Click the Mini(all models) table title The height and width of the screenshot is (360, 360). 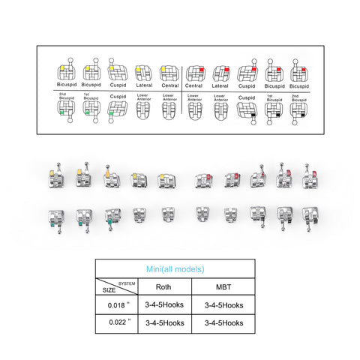click(x=174, y=268)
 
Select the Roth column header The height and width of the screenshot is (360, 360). click(x=163, y=286)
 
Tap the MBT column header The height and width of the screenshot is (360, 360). click(x=223, y=286)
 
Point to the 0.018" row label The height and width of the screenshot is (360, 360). click(x=116, y=305)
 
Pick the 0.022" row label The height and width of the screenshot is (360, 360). click(x=116, y=322)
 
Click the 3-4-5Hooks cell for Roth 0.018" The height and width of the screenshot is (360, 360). click(x=163, y=305)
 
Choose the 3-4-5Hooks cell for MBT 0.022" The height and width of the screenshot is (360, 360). click(x=223, y=322)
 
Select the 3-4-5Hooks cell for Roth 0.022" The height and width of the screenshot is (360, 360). click(x=163, y=322)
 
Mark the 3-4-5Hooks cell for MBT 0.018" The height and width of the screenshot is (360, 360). click(x=223, y=305)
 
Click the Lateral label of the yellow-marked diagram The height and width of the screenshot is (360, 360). click(x=143, y=87)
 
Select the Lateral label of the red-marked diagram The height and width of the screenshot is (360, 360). click(x=220, y=87)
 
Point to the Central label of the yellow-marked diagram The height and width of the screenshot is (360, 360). click(x=169, y=87)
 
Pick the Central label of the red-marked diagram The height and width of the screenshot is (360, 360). click(x=194, y=87)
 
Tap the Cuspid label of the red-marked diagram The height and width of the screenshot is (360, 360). click(x=247, y=87)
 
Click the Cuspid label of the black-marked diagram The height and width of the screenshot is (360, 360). click(x=247, y=97)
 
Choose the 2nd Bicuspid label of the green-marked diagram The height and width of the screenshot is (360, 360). click(x=65, y=97)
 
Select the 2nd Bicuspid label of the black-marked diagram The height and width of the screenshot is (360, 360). click(x=299, y=97)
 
